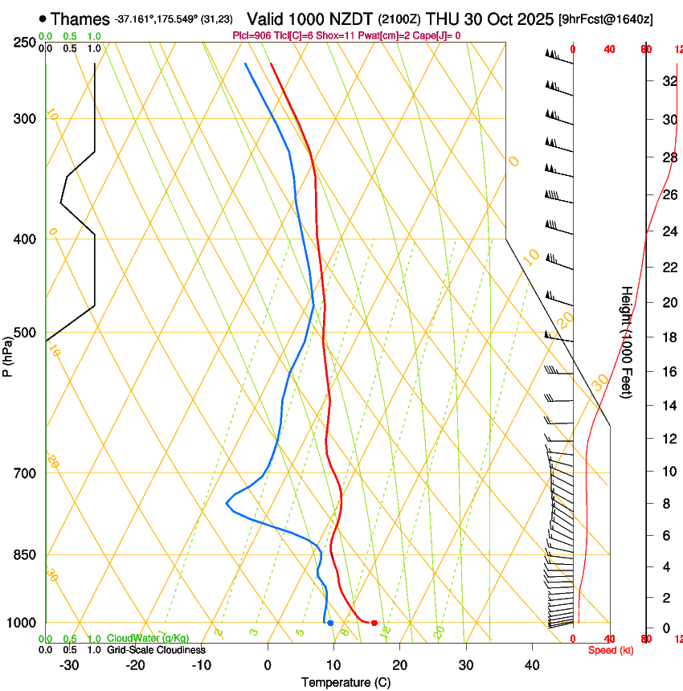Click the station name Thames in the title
pos(80,18)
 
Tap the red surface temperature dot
pos(374,623)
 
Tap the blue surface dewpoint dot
pos(330,623)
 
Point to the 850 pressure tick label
pos(23,555)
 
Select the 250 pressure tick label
pos(23,42)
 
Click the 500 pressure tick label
pos(23,333)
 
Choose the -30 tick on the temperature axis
pos(69,665)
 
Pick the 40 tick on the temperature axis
pos(532,665)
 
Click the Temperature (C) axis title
pos(346,682)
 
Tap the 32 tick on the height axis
pos(669,81)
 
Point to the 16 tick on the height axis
pos(669,372)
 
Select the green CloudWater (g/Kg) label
pos(148,639)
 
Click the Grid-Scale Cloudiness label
pos(156,650)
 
